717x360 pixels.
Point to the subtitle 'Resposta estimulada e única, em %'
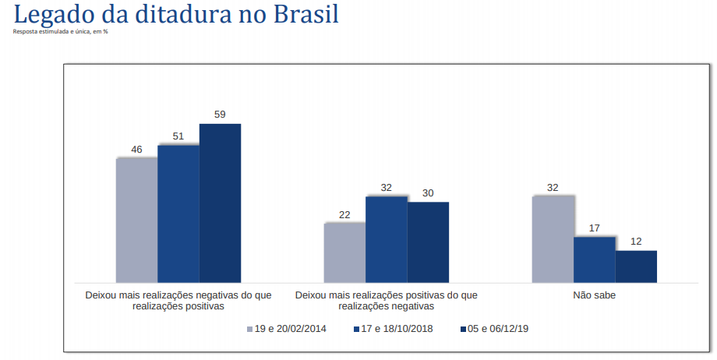coord(60,32)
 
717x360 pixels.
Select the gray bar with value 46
coord(136,220)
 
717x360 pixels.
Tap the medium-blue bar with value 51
coord(178,213)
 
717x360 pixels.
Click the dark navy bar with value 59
coord(220,203)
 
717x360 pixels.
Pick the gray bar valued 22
coord(344,252)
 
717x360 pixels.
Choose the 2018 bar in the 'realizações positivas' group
coord(387,238)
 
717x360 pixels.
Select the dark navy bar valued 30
coord(428,242)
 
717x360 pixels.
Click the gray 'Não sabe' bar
coord(553,238)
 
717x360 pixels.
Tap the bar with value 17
coord(595,259)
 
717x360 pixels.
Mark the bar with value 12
coord(636,266)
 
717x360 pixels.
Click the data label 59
coord(220,115)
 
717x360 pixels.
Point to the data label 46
coord(136,149)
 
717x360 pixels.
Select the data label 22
coord(344,214)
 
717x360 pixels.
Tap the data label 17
coord(595,228)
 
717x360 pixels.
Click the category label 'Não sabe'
coord(595,295)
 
